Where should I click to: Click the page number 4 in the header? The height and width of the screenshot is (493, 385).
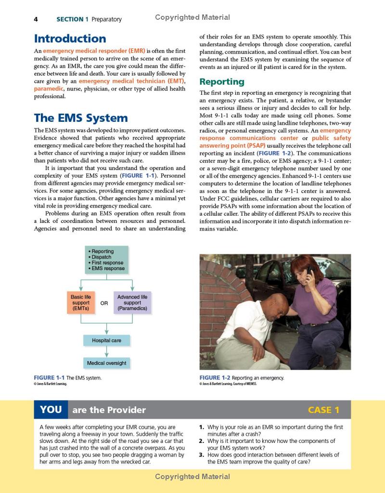coord(36,19)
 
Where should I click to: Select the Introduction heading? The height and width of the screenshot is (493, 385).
coord(70,39)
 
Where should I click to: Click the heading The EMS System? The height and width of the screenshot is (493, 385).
coord(80,118)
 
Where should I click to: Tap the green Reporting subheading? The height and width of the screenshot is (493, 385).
coord(222,81)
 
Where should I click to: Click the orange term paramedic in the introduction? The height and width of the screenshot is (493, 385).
coord(48,89)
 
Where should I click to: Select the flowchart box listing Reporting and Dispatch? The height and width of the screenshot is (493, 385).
coord(107,260)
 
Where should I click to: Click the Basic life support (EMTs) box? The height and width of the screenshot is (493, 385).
coord(80,303)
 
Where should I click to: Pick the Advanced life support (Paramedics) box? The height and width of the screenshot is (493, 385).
coord(132,303)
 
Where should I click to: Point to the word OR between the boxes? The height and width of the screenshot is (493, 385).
coord(104,303)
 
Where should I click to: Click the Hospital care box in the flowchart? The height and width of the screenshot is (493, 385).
coord(106,340)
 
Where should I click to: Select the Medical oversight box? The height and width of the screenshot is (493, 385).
coord(106,363)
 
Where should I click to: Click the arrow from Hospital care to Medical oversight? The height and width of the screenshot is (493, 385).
coord(106,351)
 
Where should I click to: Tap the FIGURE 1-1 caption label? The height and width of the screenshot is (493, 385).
coord(49,378)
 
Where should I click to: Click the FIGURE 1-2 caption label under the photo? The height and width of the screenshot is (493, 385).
coord(215,378)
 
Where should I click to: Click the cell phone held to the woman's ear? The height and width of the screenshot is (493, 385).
coord(309,271)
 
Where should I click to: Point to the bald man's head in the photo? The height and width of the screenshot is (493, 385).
coord(275,304)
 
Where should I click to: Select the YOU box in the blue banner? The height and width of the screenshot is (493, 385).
coord(51,410)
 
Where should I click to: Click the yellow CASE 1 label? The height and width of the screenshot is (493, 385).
coord(323,410)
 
